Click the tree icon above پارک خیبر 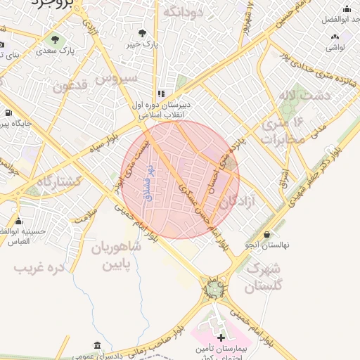pyautogui.click(x=143, y=32)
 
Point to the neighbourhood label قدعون pyautogui.click(x=72, y=86)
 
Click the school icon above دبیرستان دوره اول pyautogui.click(x=161, y=93)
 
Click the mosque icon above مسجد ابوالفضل pyautogui.click(x=346, y=9)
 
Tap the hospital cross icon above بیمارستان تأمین pyautogui.click(x=221, y=338)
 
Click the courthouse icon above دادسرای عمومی pyautogui.click(x=96, y=346)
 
